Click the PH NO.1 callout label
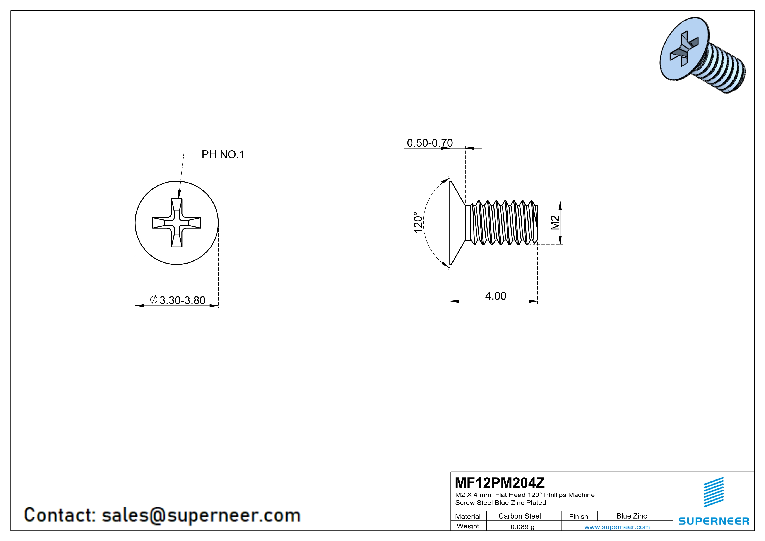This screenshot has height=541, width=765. click(223, 155)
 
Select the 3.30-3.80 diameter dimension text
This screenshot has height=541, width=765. click(182, 300)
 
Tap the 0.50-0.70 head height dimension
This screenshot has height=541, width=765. click(430, 143)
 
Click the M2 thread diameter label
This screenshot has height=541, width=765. click(555, 223)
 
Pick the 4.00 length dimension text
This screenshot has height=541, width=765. click(495, 296)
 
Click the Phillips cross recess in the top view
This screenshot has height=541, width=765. click(177, 223)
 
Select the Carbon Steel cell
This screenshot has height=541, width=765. click(519, 516)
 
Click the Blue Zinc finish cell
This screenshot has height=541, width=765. click(631, 516)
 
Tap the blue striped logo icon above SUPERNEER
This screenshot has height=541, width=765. click(713, 492)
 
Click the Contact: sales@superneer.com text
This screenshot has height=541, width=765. click(162, 515)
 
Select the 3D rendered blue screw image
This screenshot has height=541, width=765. click(702, 55)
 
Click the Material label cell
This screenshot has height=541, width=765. click(468, 516)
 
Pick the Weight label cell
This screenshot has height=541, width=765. click(468, 526)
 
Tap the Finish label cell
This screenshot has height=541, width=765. click(578, 516)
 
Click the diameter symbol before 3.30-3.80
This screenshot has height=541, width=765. click(154, 300)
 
